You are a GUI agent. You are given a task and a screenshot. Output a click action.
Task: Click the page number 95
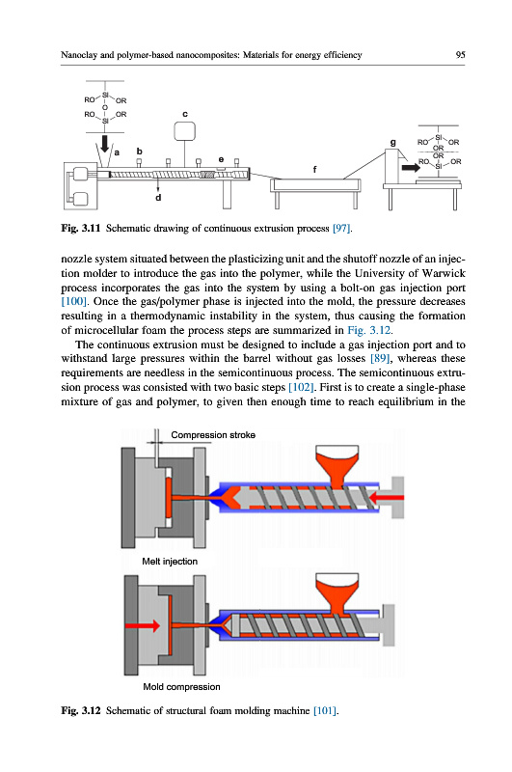coord(460,55)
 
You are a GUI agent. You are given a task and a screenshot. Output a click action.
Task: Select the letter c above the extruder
coord(185,114)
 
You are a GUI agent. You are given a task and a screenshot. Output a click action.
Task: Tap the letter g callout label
coord(393,142)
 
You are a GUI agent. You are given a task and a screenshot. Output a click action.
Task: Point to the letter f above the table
coord(314,170)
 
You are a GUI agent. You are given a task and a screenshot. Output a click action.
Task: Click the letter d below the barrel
coord(158,198)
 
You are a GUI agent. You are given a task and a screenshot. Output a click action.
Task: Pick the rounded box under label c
coord(185,131)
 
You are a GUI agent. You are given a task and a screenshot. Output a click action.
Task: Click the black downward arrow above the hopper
coord(105,144)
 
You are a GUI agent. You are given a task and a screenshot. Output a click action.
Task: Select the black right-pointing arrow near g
coord(411,167)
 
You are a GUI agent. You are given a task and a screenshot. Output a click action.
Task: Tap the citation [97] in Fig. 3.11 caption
coord(342,228)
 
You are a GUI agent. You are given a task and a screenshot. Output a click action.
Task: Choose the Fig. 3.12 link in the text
coord(369,330)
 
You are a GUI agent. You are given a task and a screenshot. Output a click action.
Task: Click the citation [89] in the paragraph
coord(380,358)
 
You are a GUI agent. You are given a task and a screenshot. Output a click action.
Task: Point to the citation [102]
coord(301,387)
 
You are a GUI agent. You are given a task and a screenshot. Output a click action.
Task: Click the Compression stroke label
coord(213,435)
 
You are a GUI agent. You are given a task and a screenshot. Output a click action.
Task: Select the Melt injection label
coord(170,562)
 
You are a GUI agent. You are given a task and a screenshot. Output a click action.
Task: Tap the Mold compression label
coord(181,687)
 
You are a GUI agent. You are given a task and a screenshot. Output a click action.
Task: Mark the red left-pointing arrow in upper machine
coord(386,498)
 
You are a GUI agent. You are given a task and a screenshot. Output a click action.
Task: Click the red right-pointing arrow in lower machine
coord(143,625)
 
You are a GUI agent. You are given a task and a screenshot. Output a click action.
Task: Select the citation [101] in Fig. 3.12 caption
coord(325,710)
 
